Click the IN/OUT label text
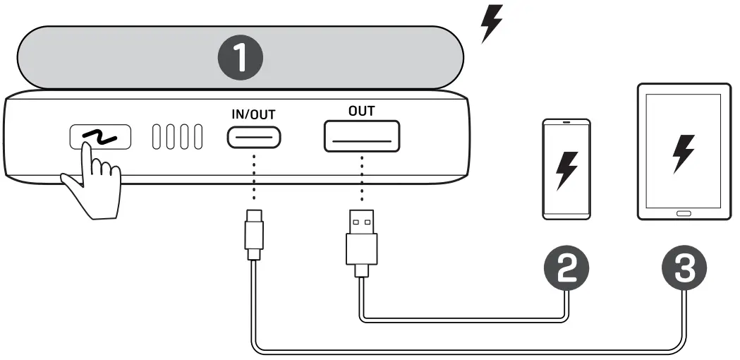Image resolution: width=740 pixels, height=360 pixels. tap(253, 114)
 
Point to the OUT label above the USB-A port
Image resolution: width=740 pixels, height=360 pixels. tap(361, 111)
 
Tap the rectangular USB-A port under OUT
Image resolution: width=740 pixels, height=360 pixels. tap(362, 136)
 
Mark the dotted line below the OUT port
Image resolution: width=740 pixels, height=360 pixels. tap(361, 179)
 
